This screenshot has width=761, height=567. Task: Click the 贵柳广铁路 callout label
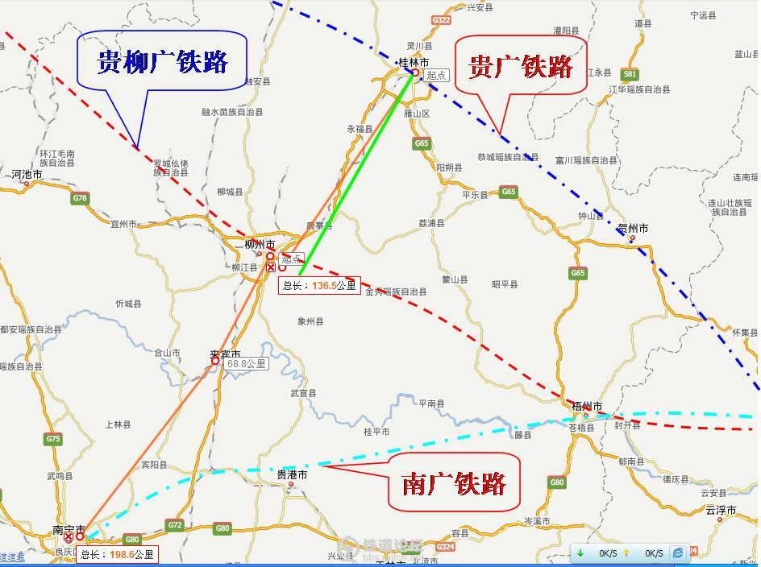click(x=162, y=61)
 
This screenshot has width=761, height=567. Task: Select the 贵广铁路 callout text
click(x=521, y=65)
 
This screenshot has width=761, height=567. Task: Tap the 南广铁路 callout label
click(x=454, y=483)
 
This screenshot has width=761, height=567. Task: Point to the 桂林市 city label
click(x=414, y=62)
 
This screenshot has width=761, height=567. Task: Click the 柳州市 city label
click(x=260, y=244)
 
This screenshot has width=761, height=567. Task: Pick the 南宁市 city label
click(x=69, y=529)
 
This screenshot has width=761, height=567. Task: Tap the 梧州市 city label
click(x=587, y=407)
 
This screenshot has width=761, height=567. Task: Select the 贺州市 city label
click(x=633, y=228)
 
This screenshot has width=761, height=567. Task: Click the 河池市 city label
click(x=27, y=173)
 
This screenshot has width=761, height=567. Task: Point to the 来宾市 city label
click(x=225, y=354)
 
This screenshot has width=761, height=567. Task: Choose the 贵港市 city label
click(x=292, y=475)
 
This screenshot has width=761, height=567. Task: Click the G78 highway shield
click(x=80, y=198)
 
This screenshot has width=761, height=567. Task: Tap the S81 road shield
click(x=630, y=73)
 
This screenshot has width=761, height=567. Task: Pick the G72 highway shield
click(x=175, y=525)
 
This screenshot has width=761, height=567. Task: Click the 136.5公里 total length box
click(x=319, y=285)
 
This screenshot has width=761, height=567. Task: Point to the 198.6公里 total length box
click(x=118, y=554)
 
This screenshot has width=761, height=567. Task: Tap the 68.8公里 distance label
click(x=247, y=364)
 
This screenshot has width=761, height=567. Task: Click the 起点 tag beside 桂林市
click(x=436, y=75)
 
